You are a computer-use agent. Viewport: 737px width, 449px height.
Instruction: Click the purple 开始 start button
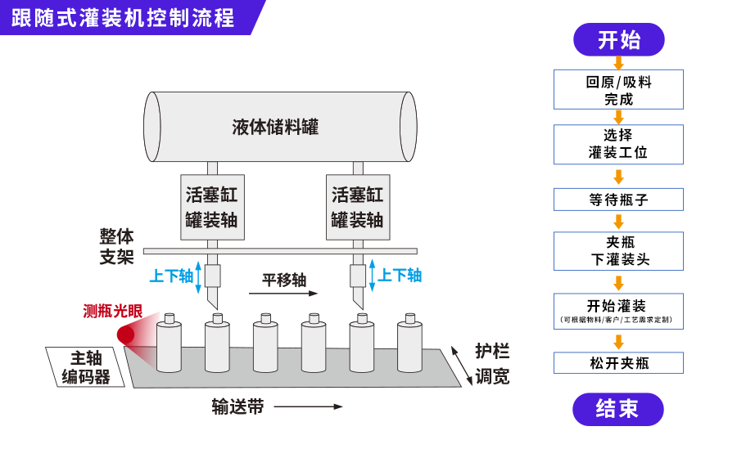coord(618,39)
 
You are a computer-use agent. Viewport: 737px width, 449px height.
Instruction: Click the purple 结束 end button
coord(617,409)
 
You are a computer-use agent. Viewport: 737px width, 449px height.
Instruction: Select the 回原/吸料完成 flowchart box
coord(618,90)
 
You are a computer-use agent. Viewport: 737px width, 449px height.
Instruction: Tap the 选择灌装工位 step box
coord(618,144)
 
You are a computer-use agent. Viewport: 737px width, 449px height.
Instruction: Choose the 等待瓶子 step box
coord(618,200)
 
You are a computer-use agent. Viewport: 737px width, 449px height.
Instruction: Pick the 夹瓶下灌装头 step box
coord(618,251)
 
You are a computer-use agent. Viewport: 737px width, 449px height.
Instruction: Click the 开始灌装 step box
coord(618,311)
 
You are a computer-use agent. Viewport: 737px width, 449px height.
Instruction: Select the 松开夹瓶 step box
coord(618,363)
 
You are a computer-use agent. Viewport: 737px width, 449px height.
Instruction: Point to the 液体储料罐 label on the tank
coord(275,127)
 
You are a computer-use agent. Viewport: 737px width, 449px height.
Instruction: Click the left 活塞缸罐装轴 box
coord(211,207)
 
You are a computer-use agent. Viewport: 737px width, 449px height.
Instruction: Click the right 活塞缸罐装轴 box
coord(357,207)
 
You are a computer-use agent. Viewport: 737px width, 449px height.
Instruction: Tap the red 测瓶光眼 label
coord(112,312)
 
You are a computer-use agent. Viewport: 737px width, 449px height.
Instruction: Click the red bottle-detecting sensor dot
coord(126,335)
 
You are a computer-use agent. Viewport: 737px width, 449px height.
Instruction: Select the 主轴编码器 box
coord(87,367)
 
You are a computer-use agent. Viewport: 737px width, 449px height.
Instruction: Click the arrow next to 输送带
coord(307,406)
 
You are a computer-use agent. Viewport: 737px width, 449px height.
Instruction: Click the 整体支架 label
coord(116,246)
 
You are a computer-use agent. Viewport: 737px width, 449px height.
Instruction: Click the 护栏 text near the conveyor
coord(492,352)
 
